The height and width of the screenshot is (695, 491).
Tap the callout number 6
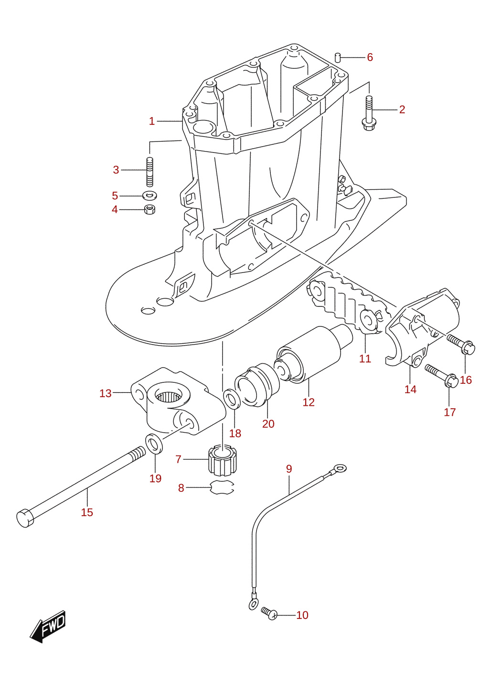pos(370,57)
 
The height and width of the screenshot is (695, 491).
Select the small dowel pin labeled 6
pos(338,57)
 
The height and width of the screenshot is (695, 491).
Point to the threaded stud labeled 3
pos(150,172)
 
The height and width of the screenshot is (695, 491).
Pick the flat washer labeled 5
pos(150,196)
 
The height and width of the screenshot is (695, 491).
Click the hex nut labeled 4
pos(150,209)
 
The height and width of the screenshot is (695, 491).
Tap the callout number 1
pos(152,121)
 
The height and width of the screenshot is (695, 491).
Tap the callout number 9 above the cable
pos(289,468)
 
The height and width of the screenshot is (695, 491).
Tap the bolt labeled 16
pos(461,345)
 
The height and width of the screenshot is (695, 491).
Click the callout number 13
pos(106,393)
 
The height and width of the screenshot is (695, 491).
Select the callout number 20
pos(268,424)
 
